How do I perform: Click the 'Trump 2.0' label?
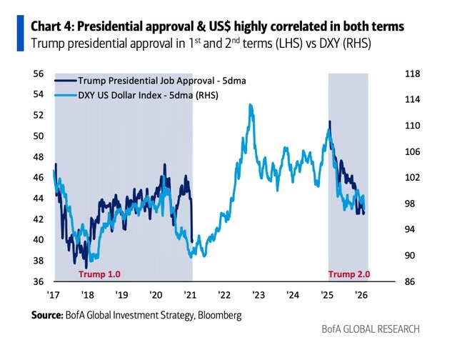pos(349,274)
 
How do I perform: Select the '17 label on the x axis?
pos(53,294)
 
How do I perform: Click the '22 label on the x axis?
pos(224,294)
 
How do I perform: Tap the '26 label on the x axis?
pos(361,294)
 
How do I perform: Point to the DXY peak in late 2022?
pos(250,105)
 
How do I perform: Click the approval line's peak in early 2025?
pos(329,122)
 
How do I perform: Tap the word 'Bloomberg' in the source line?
pos(217,314)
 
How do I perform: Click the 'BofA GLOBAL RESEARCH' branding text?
pos(371,329)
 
